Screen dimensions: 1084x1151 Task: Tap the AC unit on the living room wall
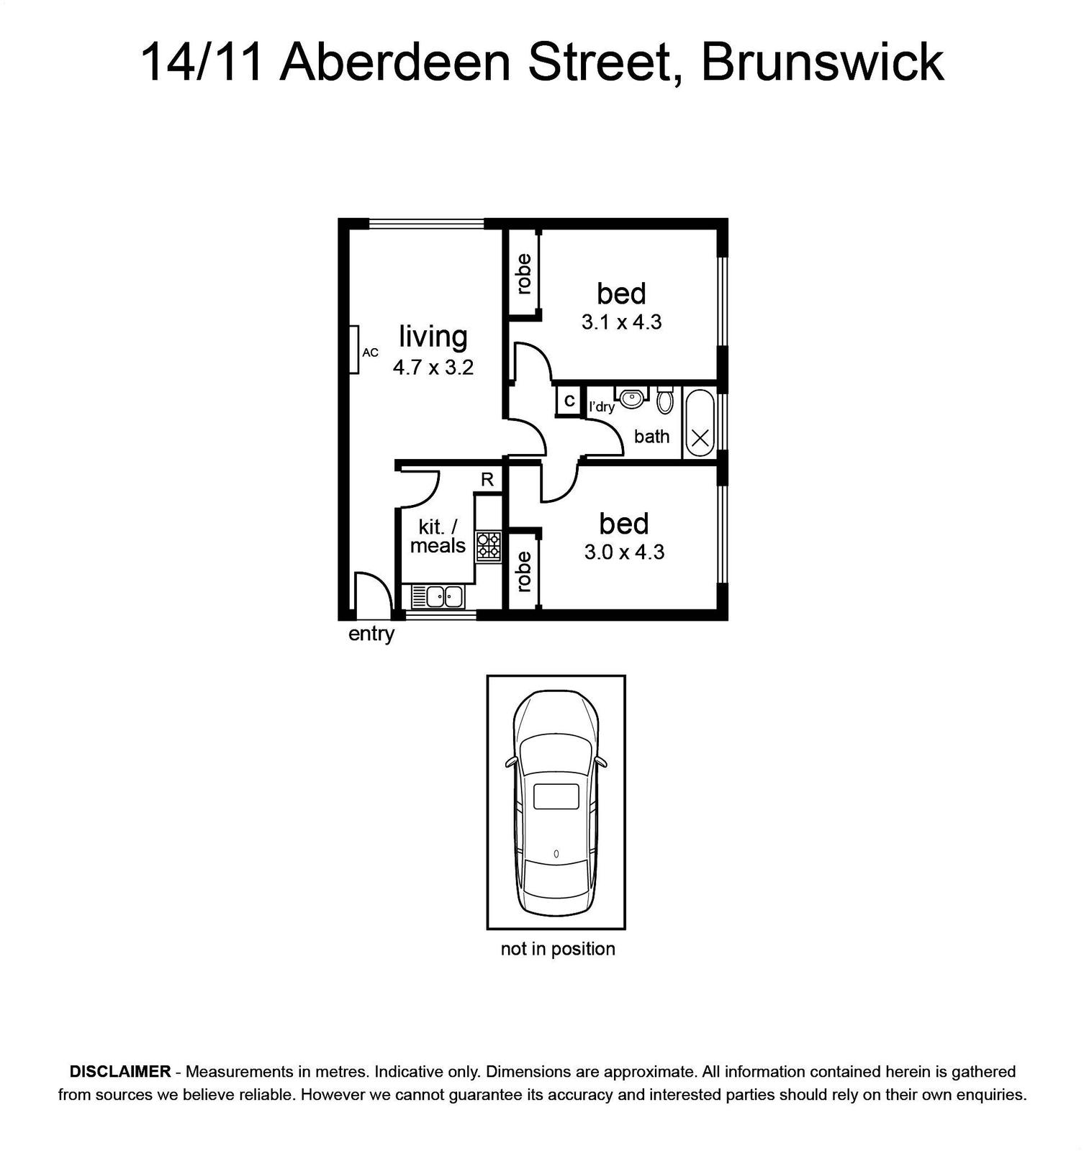coord(354,350)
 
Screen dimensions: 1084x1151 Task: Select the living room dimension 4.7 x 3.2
coord(433,368)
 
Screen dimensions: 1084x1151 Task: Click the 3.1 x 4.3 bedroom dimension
coord(621,322)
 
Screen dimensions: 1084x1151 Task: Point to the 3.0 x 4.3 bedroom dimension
coord(624,552)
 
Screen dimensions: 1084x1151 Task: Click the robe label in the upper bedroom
coord(523,274)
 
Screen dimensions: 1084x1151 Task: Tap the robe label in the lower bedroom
coord(523,571)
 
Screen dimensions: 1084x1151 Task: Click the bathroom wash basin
coord(632,396)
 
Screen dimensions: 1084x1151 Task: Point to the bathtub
coord(700,423)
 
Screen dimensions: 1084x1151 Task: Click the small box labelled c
coord(569,401)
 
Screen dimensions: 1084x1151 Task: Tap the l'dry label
coord(602,406)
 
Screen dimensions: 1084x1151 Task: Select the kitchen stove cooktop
coord(488,546)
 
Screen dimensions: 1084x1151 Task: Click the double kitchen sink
coord(438,596)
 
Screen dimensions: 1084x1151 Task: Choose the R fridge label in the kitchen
coord(487,480)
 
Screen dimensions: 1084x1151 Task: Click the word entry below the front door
coord(371,634)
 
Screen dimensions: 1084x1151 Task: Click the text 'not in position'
coord(558,949)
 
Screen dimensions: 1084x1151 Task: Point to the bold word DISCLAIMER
coord(119,1071)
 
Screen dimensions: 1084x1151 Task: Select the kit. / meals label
coord(438,536)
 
